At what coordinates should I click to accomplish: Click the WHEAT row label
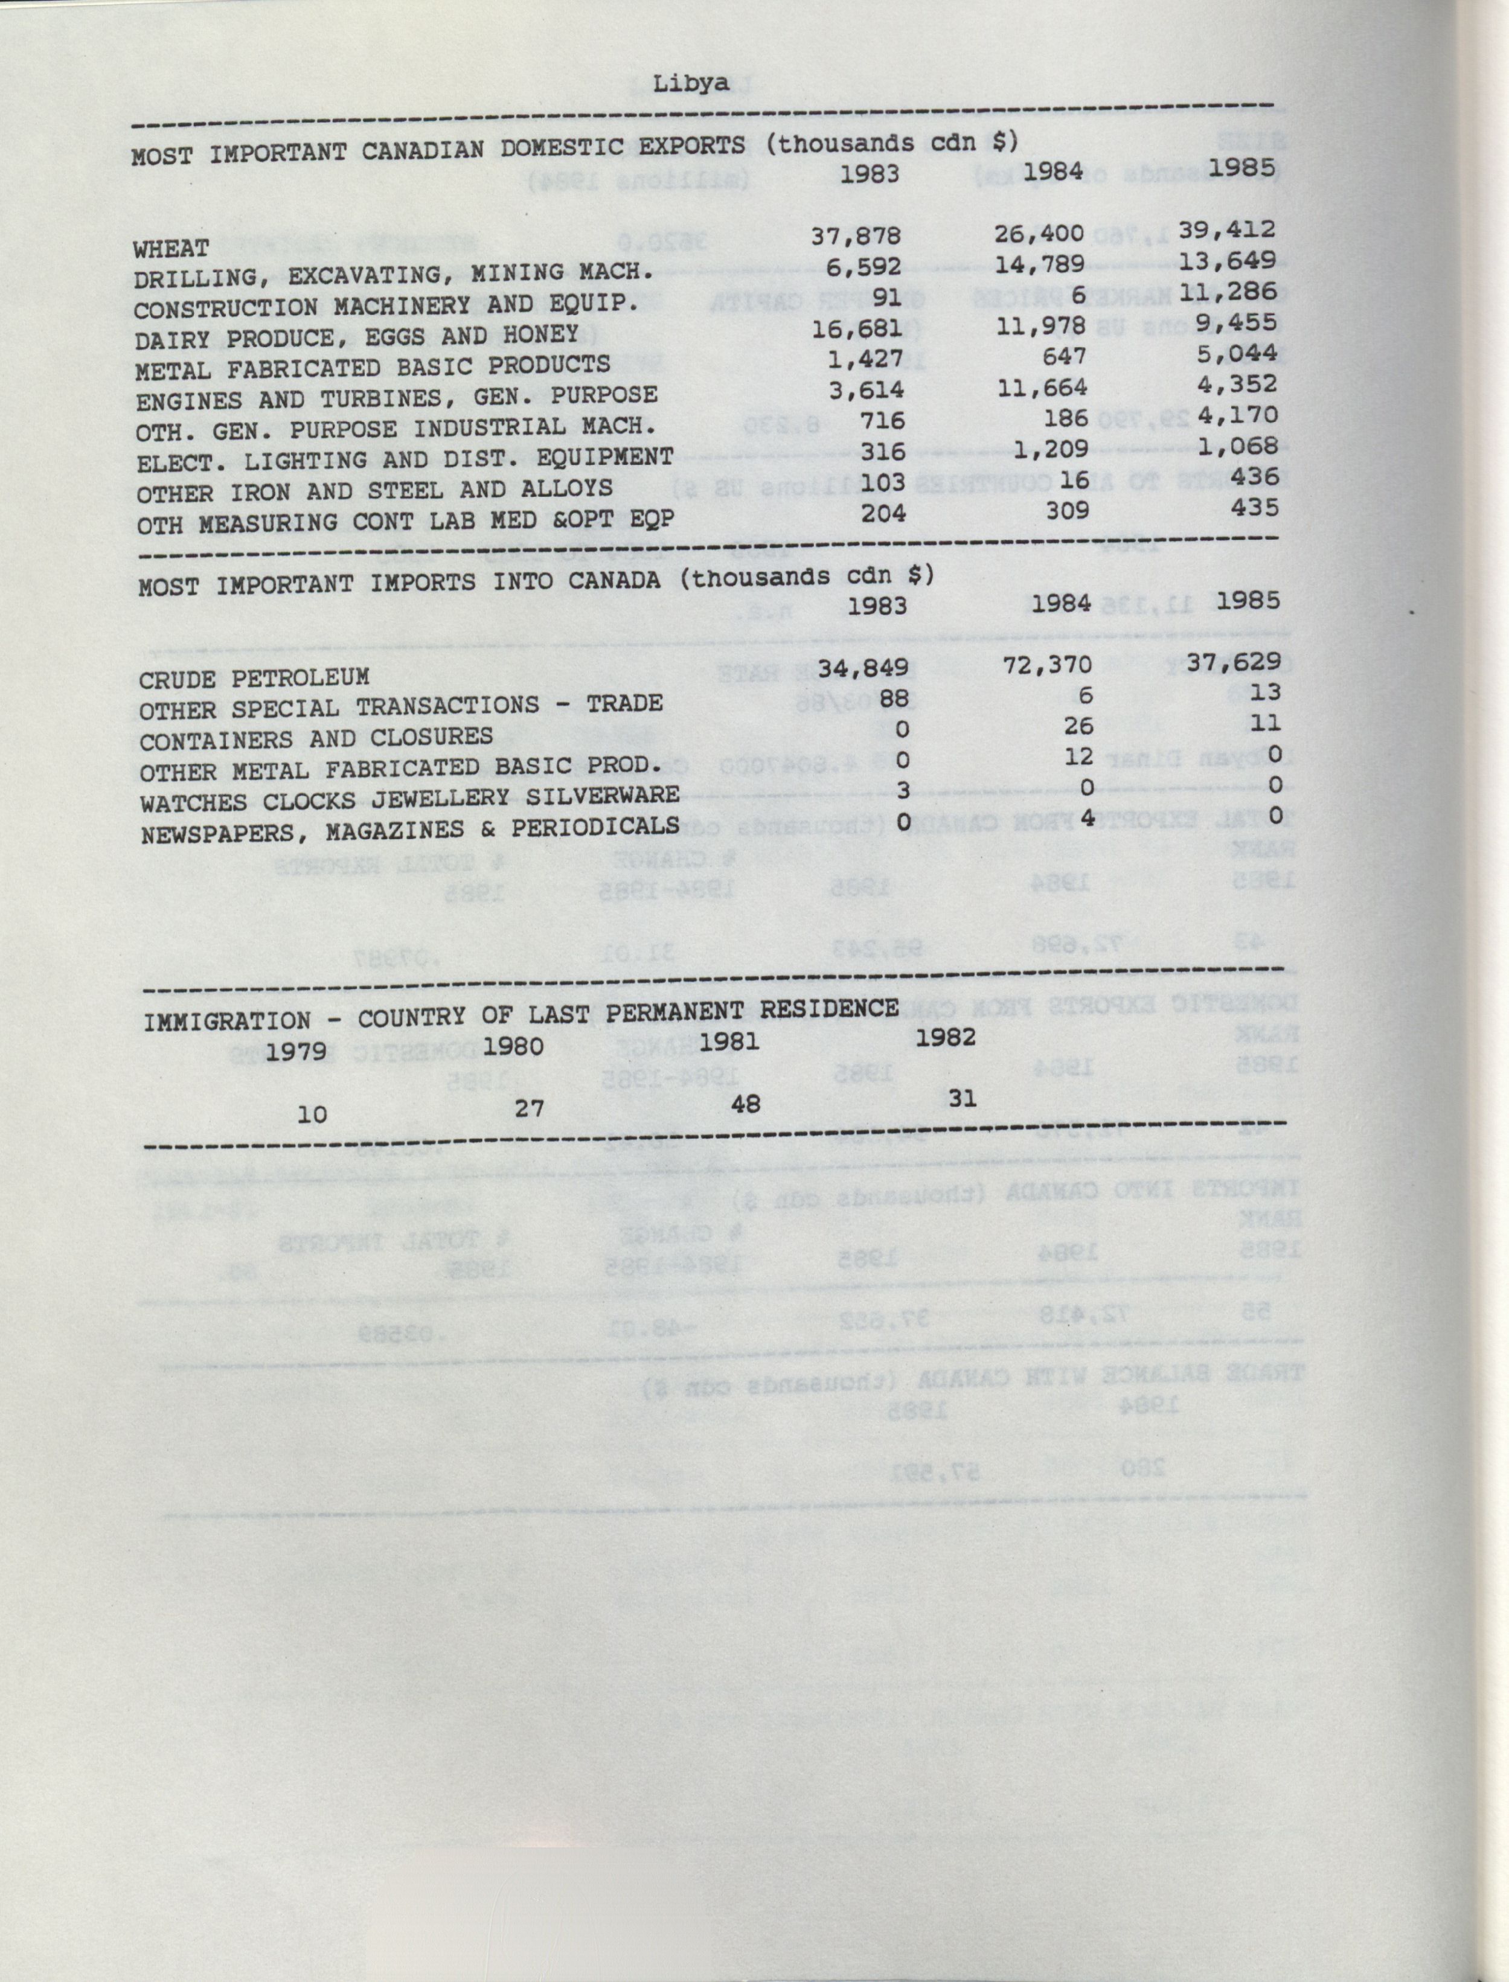(x=171, y=248)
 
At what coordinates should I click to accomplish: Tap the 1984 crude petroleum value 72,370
(x=1047, y=665)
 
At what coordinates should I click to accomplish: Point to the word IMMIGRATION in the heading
(x=227, y=1021)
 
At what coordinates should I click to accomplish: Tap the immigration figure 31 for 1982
(x=962, y=1098)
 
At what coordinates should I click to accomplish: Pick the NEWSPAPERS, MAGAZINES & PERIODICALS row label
(x=409, y=830)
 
